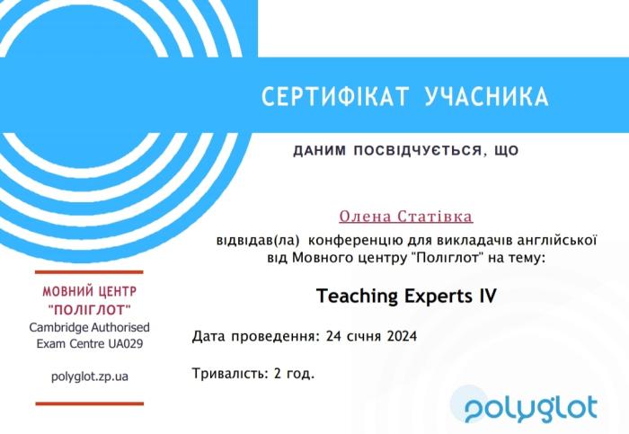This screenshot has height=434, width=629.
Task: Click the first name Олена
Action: pyautogui.click(x=364, y=217)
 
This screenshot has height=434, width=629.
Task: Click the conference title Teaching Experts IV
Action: pyautogui.click(x=406, y=294)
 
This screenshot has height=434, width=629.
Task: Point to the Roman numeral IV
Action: pyautogui.click(x=485, y=294)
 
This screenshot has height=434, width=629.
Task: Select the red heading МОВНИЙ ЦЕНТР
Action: pyautogui.click(x=89, y=292)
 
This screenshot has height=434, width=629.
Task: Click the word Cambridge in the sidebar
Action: pyautogui.click(x=58, y=326)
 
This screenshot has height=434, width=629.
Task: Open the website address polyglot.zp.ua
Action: pyautogui.click(x=89, y=376)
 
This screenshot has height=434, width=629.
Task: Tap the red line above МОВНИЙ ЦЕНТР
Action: pyautogui.click(x=89, y=271)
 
